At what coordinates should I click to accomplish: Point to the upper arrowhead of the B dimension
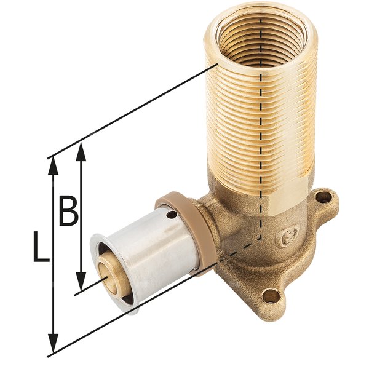81,149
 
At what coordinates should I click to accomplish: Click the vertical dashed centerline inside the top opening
263,37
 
